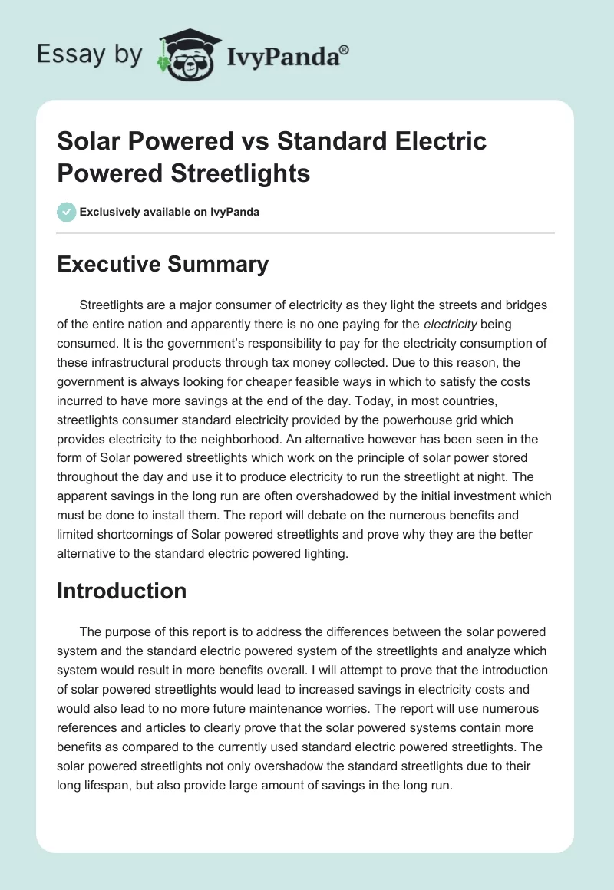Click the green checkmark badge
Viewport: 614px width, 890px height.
[67, 212]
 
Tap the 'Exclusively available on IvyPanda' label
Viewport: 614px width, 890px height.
[170, 213]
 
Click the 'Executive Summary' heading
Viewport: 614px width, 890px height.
[163, 265]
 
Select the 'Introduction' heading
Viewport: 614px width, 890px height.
[122, 591]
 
